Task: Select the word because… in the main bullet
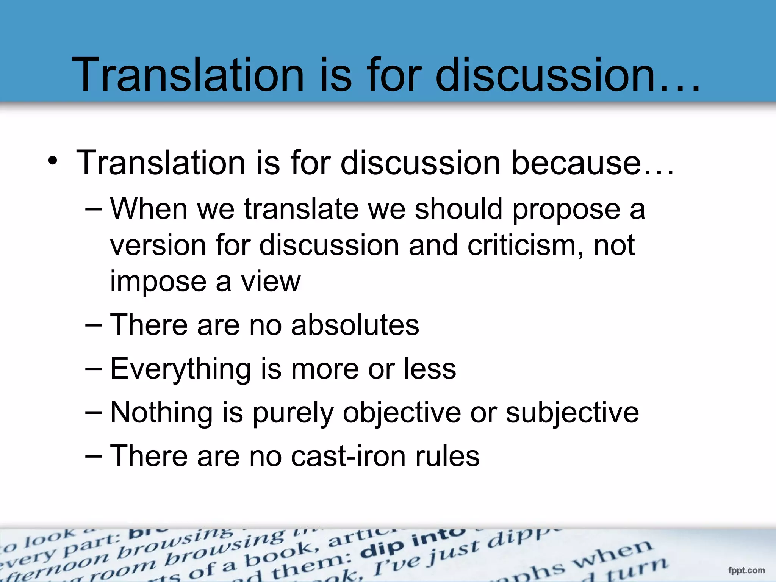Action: (x=593, y=163)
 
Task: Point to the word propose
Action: (x=566, y=210)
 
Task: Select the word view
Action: (x=271, y=282)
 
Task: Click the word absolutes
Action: (x=355, y=325)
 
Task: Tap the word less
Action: (x=430, y=369)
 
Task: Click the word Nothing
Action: (x=161, y=413)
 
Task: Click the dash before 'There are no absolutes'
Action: (x=94, y=325)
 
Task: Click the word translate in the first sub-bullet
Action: (x=301, y=210)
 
